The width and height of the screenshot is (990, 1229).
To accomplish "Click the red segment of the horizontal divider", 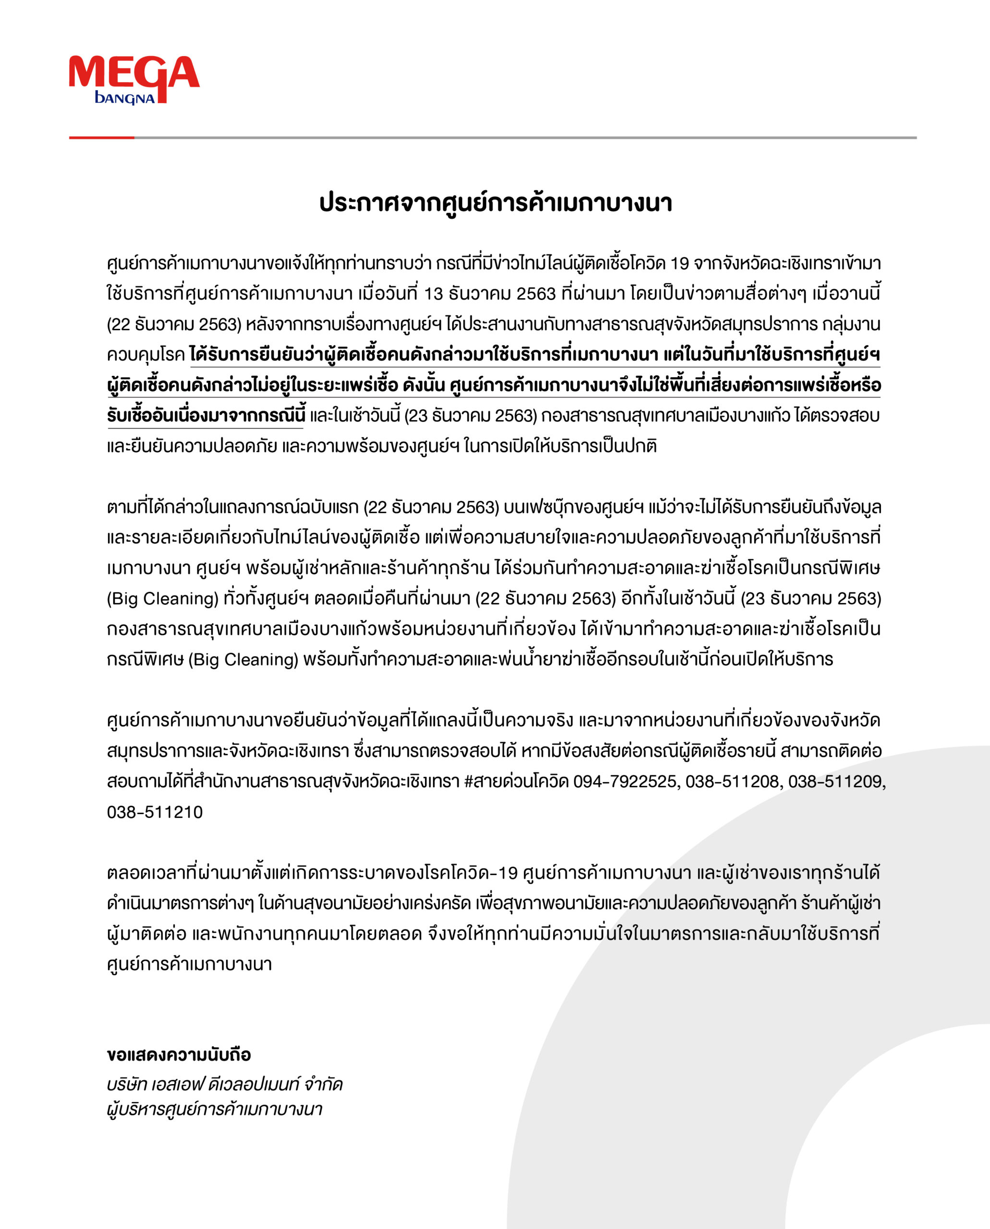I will coord(101,137).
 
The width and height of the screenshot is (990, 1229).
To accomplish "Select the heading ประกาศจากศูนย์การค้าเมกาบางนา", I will coord(495,203).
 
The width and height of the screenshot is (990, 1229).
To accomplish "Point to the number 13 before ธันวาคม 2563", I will coord(434,294).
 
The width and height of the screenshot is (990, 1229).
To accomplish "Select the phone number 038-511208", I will coord(732,781).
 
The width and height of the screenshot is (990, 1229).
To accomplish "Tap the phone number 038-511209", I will coord(836,781).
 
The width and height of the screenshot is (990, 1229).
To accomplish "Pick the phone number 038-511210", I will coord(155,812).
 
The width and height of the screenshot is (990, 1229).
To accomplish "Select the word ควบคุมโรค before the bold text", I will coord(145,355).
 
